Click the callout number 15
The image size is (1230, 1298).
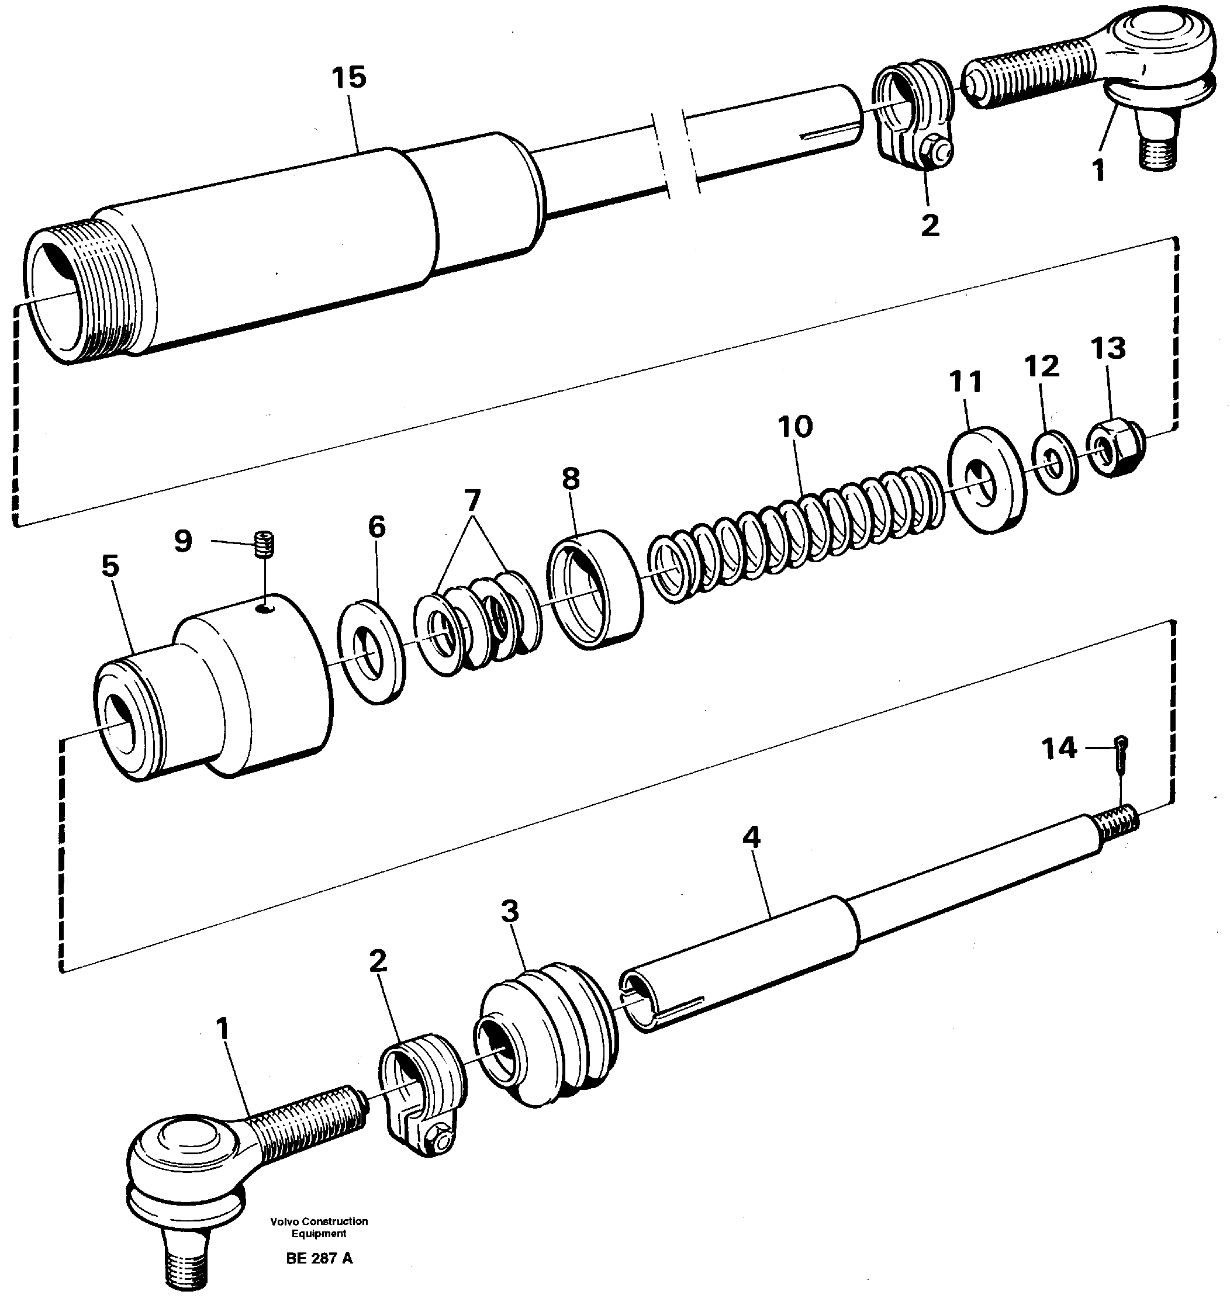click(x=348, y=78)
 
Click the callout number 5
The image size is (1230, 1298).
click(x=111, y=566)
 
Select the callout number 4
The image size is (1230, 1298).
click(x=751, y=837)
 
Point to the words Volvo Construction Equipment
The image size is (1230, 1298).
click(x=319, y=1227)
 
